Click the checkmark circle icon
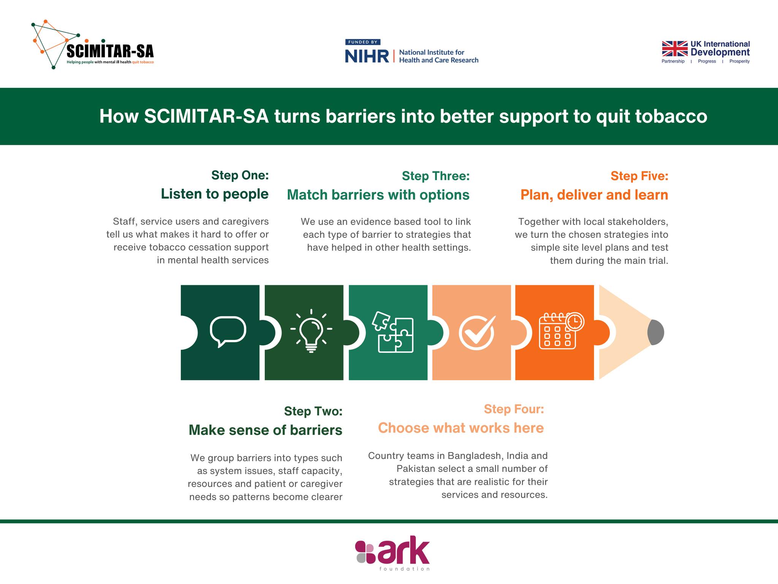point(477,332)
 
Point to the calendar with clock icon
point(561,331)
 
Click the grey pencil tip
point(656,332)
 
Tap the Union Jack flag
point(675,49)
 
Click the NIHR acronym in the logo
point(367,56)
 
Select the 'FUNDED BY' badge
point(363,42)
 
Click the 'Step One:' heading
point(240,175)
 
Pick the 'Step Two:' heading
point(313,411)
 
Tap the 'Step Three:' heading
point(436,176)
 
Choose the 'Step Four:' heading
point(514,409)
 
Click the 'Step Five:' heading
point(639,176)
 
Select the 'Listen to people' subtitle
point(215,194)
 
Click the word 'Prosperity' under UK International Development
point(739,61)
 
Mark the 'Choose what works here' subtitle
point(461,428)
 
